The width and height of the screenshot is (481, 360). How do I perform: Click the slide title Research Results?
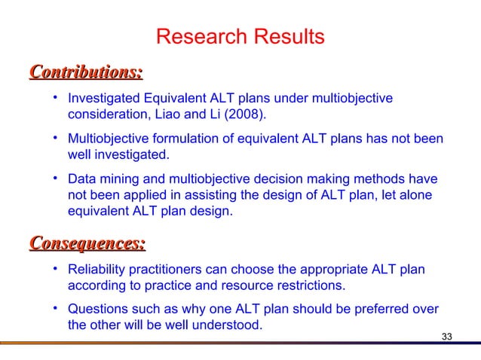coord(240,37)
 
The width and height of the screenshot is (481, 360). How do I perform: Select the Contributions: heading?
coord(74,73)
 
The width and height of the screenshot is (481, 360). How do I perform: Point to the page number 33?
coord(448,335)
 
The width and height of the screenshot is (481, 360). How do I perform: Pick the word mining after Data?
coord(118,181)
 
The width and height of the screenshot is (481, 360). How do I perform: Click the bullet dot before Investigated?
coord(56,99)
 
